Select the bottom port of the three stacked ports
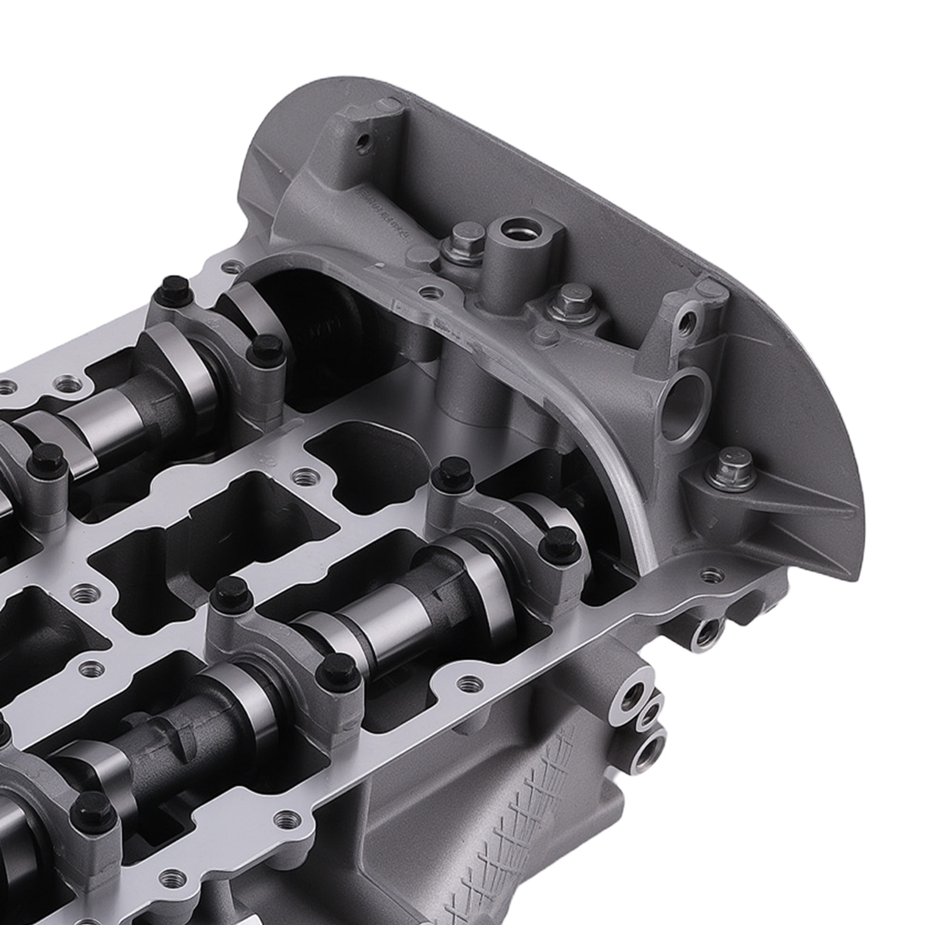click(x=647, y=752)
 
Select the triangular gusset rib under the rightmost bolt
click(x=752, y=509)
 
